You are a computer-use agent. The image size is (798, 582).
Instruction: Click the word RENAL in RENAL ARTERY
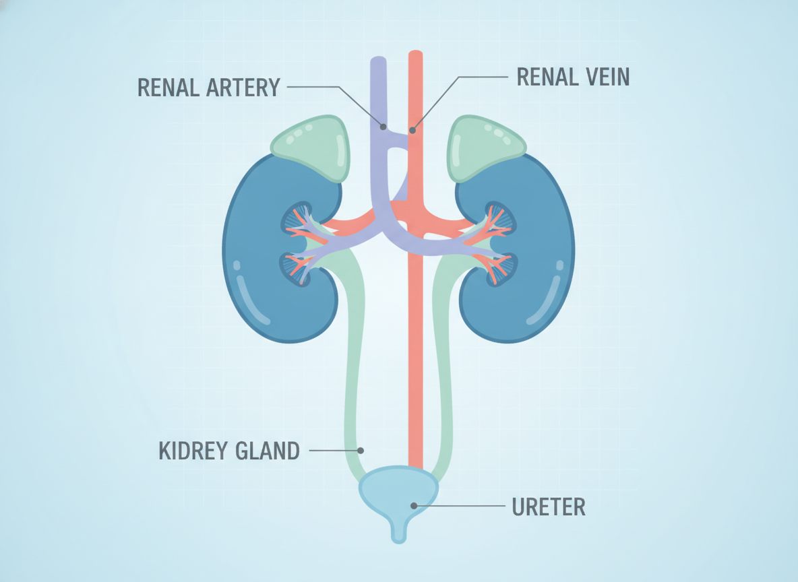coord(168,88)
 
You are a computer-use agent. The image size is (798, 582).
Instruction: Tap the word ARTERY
coord(243,88)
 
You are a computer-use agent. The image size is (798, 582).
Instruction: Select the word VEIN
coord(608,77)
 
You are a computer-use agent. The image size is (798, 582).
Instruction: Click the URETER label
coord(549,507)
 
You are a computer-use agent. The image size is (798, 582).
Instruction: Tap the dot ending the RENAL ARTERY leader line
coord(383,127)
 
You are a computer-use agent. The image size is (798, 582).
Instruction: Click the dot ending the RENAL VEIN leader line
coord(412,130)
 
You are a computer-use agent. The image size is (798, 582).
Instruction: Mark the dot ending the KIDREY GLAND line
coord(361,450)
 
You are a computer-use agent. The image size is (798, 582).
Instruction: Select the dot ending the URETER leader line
coord(414,506)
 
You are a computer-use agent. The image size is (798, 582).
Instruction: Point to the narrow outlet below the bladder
coord(398,531)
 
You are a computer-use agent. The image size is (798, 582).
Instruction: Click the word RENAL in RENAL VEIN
coord(547,77)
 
